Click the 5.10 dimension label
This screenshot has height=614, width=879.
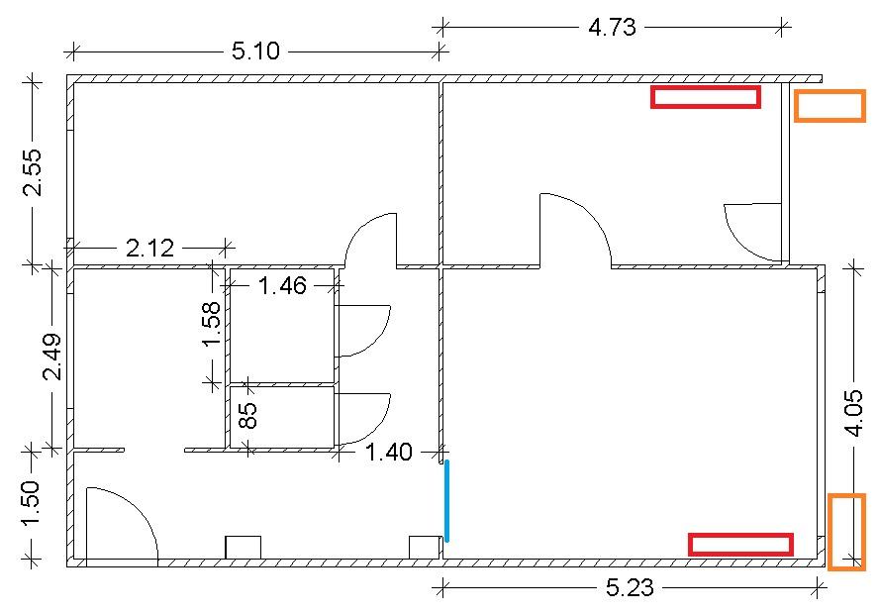[x=255, y=51]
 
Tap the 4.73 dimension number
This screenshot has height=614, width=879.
[x=612, y=27]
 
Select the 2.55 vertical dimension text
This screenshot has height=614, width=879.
[x=32, y=171]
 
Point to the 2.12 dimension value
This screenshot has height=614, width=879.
[x=149, y=248]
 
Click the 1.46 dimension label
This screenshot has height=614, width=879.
[x=282, y=286]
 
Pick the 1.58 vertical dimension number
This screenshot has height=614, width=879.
[x=212, y=324]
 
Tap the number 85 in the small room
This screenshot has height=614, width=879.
[x=247, y=415]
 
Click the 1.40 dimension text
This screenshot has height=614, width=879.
[x=388, y=452]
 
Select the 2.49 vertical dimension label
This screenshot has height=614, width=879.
[x=52, y=357]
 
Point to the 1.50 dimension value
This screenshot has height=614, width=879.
[x=32, y=503]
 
